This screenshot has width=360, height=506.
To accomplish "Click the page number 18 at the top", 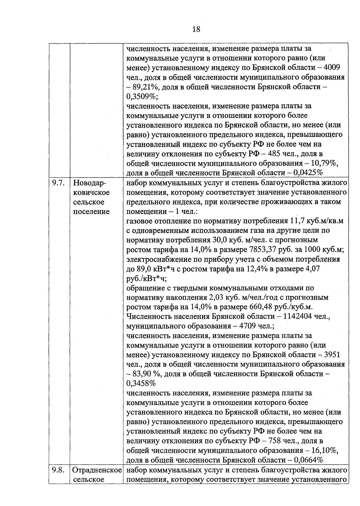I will pyautogui.click(x=196, y=29).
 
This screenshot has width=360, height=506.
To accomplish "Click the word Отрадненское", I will pyautogui.click(x=97, y=470).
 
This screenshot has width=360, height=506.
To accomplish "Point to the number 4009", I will pyautogui.click(x=331, y=67).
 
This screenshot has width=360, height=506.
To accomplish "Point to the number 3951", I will pyautogui.click(x=331, y=355).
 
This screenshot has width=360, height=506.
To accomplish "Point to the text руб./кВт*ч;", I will pyautogui.click(x=146, y=278).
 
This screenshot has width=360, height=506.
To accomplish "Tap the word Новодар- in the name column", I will pyautogui.click(x=90, y=183).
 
